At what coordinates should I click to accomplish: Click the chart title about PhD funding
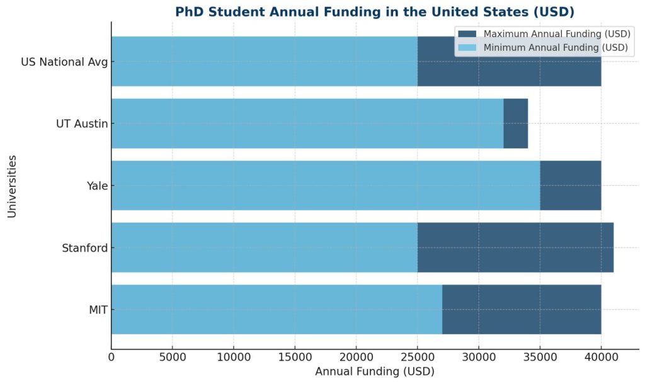(x=375, y=12)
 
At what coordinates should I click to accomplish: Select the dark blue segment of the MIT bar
(x=522, y=309)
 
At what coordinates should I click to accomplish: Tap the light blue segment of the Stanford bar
(x=264, y=247)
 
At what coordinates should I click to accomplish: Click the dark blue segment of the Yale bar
(x=571, y=185)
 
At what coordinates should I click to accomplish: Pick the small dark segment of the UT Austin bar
(x=515, y=123)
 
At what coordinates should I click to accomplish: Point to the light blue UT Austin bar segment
(x=307, y=123)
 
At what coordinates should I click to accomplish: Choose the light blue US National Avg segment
(x=264, y=61)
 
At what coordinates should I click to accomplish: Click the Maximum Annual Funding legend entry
(x=555, y=34)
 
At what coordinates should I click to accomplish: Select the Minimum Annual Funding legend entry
(x=555, y=47)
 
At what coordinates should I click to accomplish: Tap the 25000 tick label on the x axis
(x=418, y=358)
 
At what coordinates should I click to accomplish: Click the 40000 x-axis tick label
(x=601, y=358)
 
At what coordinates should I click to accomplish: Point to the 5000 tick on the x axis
(x=173, y=358)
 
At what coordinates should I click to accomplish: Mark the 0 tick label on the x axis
(x=111, y=358)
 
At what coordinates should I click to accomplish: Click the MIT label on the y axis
(x=97, y=309)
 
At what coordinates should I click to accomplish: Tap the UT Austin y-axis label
(x=82, y=123)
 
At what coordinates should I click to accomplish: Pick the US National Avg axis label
(x=64, y=62)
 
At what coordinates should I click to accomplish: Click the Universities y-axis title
(x=12, y=185)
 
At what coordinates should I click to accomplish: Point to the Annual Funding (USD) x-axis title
(x=375, y=371)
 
